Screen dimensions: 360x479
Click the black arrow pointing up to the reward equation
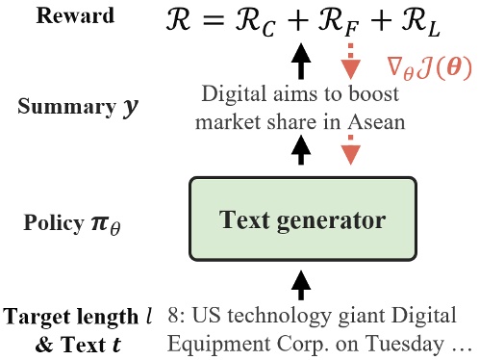[302, 64]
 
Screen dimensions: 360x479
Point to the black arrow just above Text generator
[302, 150]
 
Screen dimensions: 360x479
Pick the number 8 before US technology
[172, 317]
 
